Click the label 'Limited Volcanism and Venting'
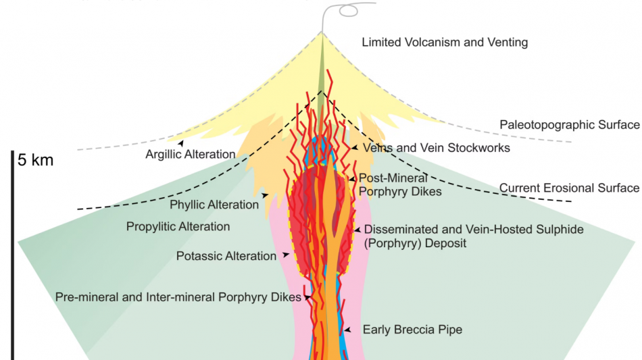coord(445,43)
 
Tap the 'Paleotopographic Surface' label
coord(570,125)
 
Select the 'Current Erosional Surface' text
coord(569,188)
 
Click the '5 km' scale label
coord(36,160)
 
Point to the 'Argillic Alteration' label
coord(191,154)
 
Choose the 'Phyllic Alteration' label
coord(214,205)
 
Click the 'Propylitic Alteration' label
coord(178,227)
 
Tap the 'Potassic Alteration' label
coord(226,256)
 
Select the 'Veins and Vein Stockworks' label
coord(437,148)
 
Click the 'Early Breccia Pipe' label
coord(412,330)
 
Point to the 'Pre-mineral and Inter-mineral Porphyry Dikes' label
coord(178,297)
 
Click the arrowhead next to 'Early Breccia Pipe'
coord(347,330)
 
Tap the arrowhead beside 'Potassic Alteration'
coord(286,255)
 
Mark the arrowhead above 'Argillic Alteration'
coord(180,143)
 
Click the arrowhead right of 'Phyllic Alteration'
coord(266,195)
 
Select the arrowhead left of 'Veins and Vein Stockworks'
coord(355,148)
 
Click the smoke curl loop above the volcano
coord(349,11)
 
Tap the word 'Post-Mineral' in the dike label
coord(393,178)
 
